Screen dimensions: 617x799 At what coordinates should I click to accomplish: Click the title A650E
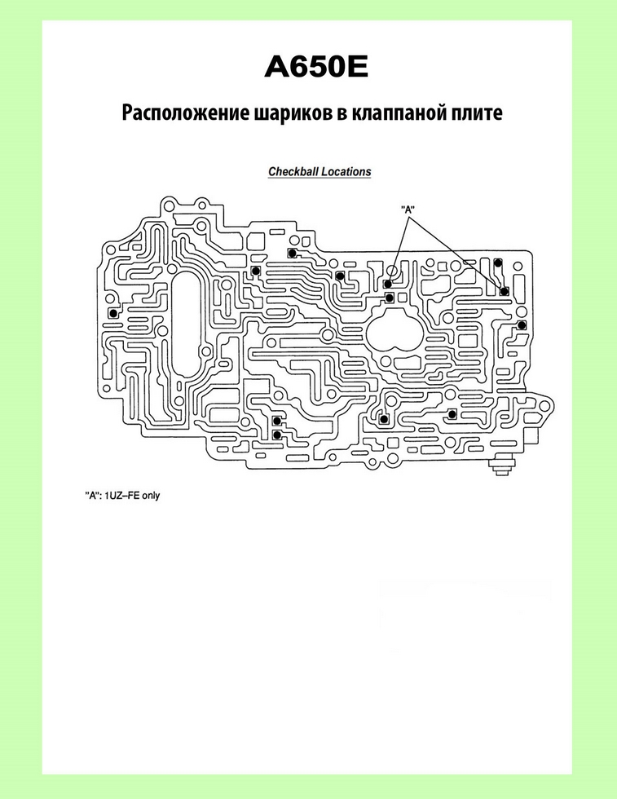pyautogui.click(x=316, y=67)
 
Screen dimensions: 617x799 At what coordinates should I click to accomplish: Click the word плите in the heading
pyautogui.click(x=476, y=113)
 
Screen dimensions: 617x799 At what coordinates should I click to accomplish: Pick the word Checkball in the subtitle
pyautogui.click(x=291, y=172)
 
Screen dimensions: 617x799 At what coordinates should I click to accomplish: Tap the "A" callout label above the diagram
pyautogui.click(x=408, y=209)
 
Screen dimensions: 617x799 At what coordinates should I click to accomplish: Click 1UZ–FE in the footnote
pyautogui.click(x=121, y=496)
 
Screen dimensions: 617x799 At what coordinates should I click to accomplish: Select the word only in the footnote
pyautogui.click(x=151, y=496)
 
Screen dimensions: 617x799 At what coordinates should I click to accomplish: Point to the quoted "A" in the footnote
pyautogui.click(x=92, y=496)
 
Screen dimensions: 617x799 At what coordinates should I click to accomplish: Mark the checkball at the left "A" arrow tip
pyautogui.click(x=388, y=284)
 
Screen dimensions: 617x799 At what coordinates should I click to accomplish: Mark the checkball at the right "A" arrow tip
pyautogui.click(x=505, y=291)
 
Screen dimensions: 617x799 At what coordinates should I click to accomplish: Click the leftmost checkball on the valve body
pyautogui.click(x=112, y=312)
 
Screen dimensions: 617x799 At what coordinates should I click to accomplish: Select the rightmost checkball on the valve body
pyautogui.click(x=521, y=325)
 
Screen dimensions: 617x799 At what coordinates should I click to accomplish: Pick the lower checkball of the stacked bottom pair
pyautogui.click(x=276, y=435)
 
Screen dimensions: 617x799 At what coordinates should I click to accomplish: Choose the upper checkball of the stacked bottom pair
pyautogui.click(x=276, y=421)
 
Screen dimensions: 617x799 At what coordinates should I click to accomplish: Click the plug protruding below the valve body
pyautogui.click(x=502, y=466)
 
